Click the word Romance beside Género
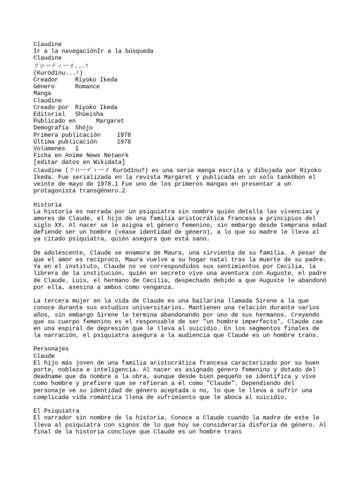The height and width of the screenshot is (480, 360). [x=87, y=86]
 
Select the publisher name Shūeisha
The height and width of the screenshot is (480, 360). [x=89, y=114]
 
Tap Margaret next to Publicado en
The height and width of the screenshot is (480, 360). [x=110, y=121]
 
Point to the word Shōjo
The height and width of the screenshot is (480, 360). [x=83, y=127]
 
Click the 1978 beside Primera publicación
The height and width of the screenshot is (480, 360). [x=124, y=135]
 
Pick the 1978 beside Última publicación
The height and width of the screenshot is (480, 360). [x=124, y=142]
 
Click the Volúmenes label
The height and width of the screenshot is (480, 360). [x=49, y=149]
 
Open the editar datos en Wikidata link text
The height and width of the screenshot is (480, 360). [x=79, y=162]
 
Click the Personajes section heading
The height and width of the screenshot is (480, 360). [x=51, y=349]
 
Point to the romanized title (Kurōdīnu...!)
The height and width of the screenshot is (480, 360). [x=58, y=73]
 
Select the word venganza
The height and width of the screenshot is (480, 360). [x=158, y=287]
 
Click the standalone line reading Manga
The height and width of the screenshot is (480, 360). [x=42, y=93]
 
